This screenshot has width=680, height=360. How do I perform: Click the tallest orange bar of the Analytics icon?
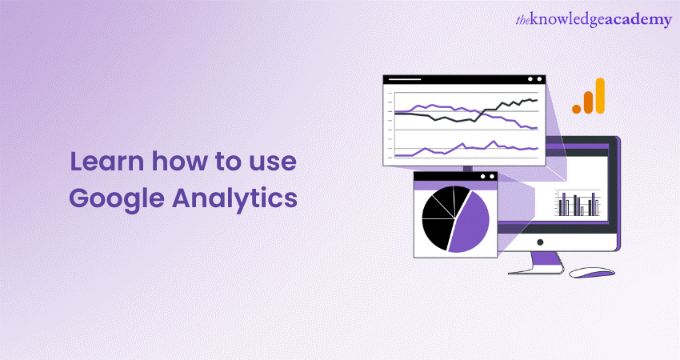pyautogui.click(x=599, y=95)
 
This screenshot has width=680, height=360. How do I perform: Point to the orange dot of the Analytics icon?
pyautogui.click(x=576, y=107)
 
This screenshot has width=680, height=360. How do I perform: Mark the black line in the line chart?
pyautogui.click(x=448, y=118)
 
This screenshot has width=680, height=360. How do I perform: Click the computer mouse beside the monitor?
pyautogui.click(x=591, y=272)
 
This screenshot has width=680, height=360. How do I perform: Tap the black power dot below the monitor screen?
pyautogui.click(x=539, y=242)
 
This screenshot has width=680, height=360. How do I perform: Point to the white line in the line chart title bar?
pyautogui.click(x=404, y=79)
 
